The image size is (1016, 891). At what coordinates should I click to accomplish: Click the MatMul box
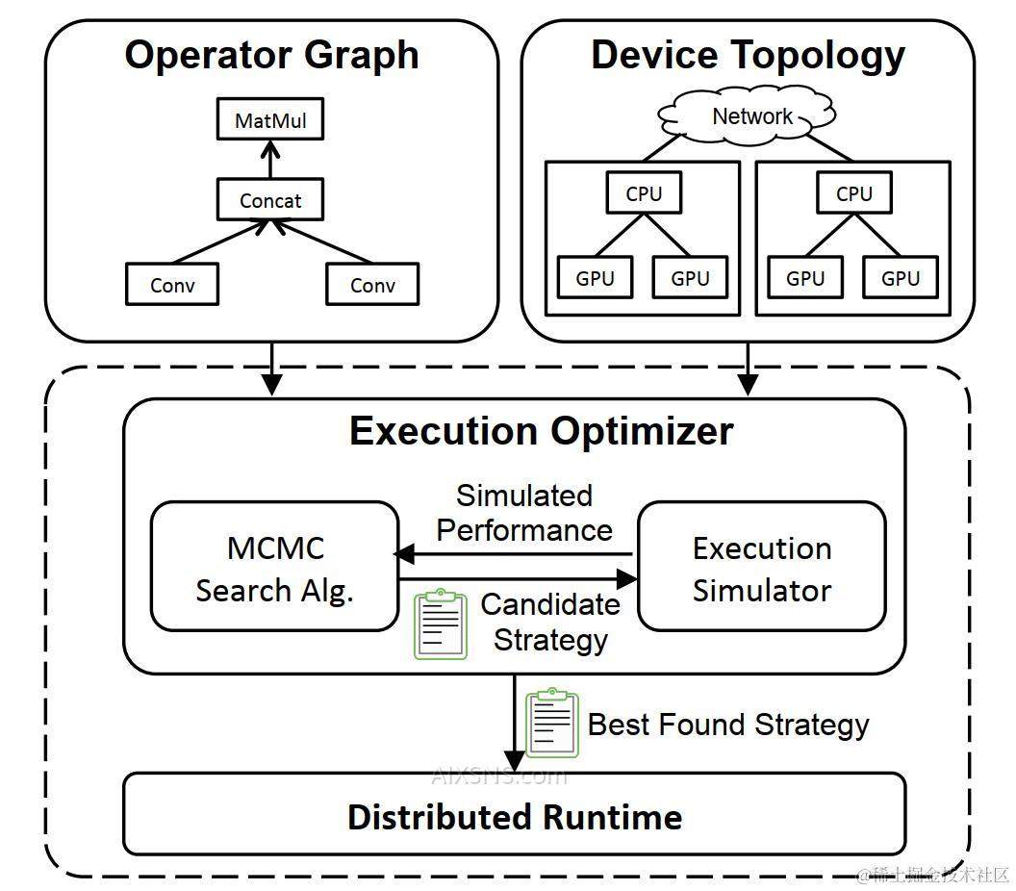270,119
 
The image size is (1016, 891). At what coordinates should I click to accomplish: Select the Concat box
270,199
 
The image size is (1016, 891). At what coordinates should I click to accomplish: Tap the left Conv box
172,284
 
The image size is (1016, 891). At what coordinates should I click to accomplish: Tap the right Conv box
372,284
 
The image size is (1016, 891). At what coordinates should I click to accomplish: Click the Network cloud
748,117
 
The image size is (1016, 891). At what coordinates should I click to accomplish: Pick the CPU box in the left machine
644,192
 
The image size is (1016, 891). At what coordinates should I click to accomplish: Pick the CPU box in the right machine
854,192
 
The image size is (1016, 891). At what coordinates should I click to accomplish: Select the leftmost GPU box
595,277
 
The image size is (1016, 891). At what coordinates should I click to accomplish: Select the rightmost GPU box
901,277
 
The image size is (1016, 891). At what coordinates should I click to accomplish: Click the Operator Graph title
271,55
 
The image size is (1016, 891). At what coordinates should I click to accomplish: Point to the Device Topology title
748,55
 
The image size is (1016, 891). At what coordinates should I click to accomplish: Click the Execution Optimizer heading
541,431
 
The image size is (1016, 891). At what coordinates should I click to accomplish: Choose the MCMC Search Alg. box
275,567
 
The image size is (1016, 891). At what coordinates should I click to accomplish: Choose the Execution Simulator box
762,567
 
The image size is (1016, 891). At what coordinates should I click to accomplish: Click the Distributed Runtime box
515,814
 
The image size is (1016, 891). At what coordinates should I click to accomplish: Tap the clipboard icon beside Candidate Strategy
441,624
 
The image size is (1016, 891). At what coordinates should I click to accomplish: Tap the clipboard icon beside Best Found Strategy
552,723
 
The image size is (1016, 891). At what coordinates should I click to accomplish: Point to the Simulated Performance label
524,513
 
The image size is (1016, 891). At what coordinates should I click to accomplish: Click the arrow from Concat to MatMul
270,160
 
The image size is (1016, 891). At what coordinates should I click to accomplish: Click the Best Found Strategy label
728,726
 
